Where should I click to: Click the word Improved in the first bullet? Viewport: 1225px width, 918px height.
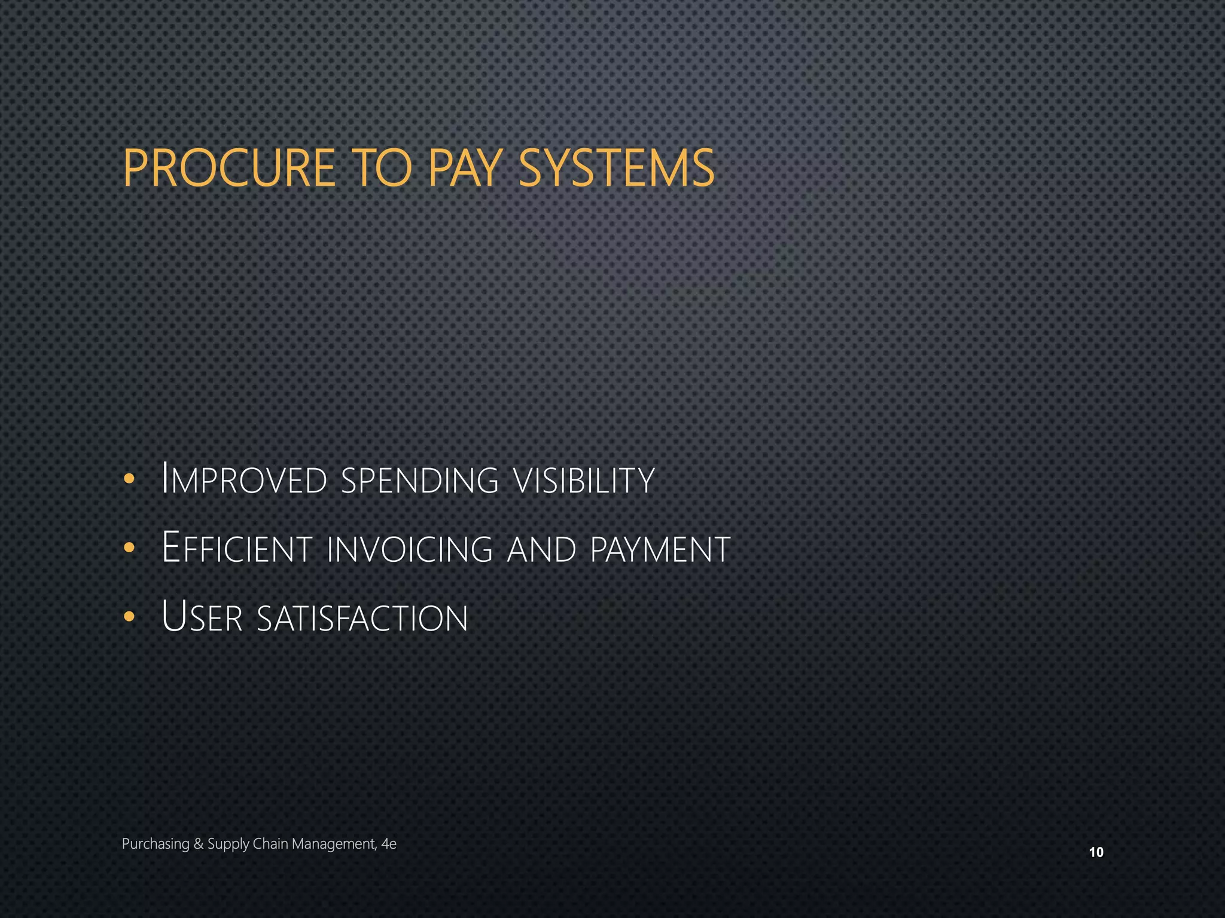tap(245, 480)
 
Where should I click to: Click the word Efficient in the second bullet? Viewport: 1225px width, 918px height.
tap(237, 548)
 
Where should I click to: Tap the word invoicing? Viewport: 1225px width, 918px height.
tap(410, 549)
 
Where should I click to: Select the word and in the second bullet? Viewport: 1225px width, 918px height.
tap(541, 549)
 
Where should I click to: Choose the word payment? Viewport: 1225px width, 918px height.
tap(660, 549)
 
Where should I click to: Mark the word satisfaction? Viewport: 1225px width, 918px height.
tap(362, 618)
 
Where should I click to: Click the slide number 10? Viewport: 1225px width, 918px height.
tap(1096, 852)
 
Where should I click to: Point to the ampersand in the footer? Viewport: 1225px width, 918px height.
tap(199, 844)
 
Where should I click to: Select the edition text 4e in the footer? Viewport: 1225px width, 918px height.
tap(389, 844)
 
